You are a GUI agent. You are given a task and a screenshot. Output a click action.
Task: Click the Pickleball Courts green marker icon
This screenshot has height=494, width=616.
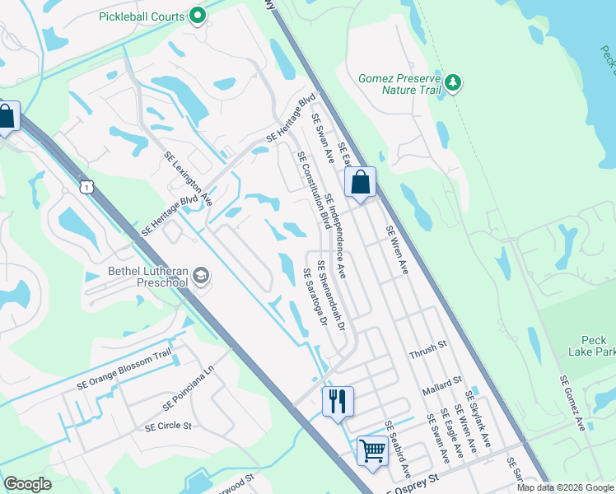coord(198,16)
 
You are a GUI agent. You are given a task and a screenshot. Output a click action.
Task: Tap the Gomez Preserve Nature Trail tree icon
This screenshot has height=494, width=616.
coord(453,83)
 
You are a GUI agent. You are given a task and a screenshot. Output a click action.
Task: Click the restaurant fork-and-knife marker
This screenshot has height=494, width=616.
coord(338,402)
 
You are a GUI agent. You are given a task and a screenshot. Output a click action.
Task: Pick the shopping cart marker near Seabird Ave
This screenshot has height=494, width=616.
coord(372,451)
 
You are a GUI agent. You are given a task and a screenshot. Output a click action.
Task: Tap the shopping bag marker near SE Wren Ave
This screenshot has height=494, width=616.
coord(361,182)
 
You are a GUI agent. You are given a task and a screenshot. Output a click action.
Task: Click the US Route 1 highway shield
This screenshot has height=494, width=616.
coord(86,188)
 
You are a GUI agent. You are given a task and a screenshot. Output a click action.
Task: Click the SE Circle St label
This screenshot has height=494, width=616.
coord(168,426)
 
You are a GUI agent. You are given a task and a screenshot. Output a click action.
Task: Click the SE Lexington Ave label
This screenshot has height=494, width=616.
coord(189,179)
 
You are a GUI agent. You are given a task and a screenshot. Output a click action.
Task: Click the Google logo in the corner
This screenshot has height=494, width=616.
coord(28,484)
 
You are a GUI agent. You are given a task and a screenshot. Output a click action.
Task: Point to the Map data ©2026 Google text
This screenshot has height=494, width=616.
coord(565,487)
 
